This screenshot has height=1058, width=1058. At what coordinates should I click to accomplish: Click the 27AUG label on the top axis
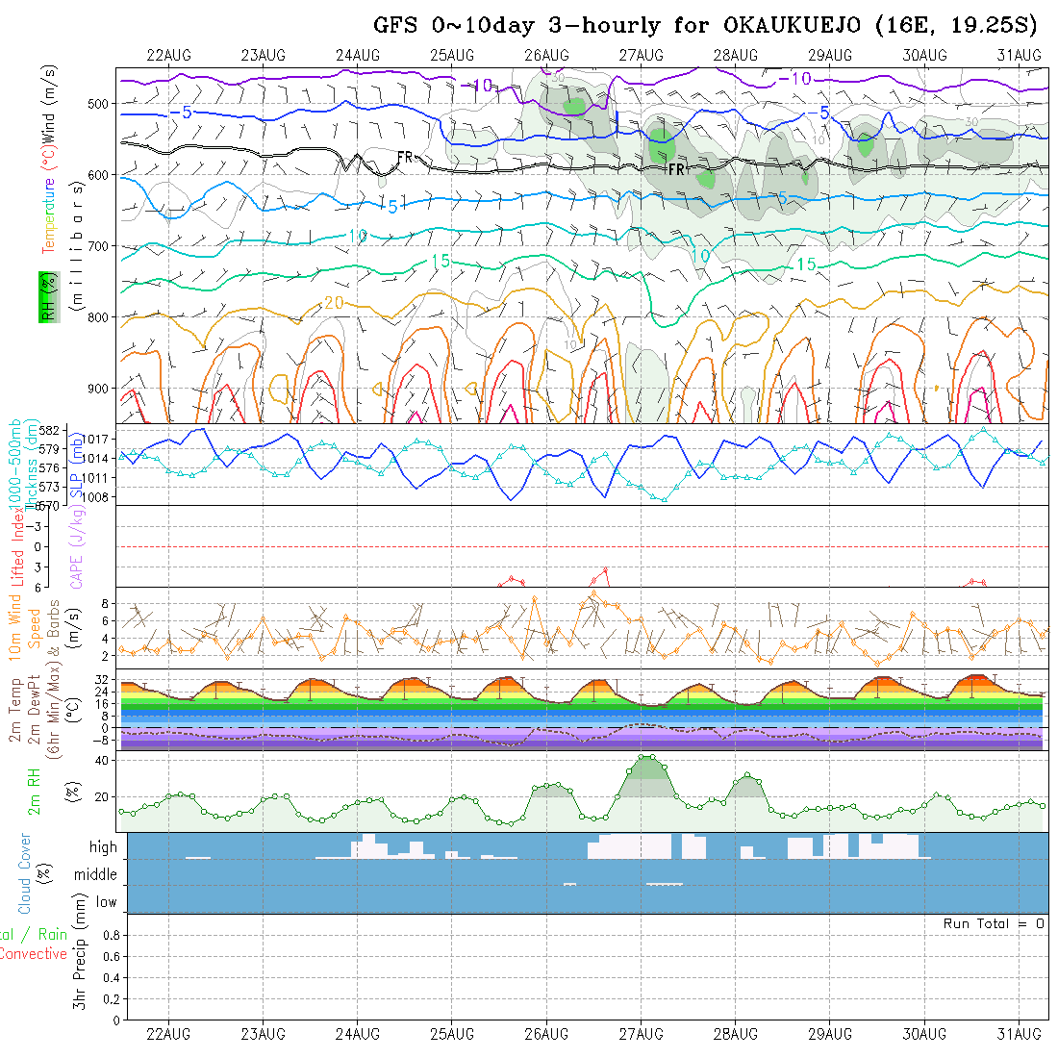tap(642, 55)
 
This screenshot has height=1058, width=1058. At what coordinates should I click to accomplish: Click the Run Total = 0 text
tap(994, 923)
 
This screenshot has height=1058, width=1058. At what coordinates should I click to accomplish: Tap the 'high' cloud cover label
tap(103, 847)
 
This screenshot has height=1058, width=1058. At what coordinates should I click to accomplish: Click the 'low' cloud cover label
tap(106, 902)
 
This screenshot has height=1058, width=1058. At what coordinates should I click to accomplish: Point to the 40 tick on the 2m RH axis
tap(99, 760)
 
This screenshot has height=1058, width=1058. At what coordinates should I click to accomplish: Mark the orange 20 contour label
tap(333, 302)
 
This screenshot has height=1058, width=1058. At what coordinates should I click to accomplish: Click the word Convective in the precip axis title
tap(34, 954)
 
